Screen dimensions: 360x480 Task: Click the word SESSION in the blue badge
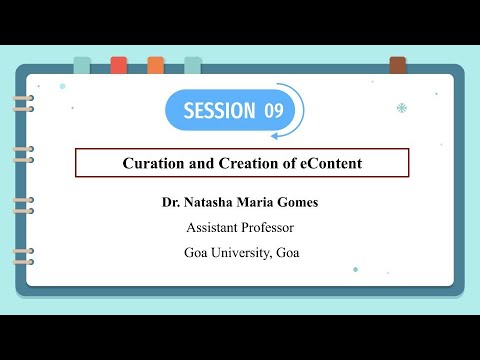[214, 110]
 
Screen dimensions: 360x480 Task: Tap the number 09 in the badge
[273, 110]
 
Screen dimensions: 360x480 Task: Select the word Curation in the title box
[153, 162]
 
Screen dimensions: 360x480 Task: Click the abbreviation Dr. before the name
[171, 202]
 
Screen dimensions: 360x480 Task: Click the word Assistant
[213, 227]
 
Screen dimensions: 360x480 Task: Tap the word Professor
[270, 227]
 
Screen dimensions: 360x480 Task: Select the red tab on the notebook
[119, 66]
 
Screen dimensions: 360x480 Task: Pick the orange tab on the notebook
[156, 66]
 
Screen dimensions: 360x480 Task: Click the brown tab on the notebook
[398, 66]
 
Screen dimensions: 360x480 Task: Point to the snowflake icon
[402, 107]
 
